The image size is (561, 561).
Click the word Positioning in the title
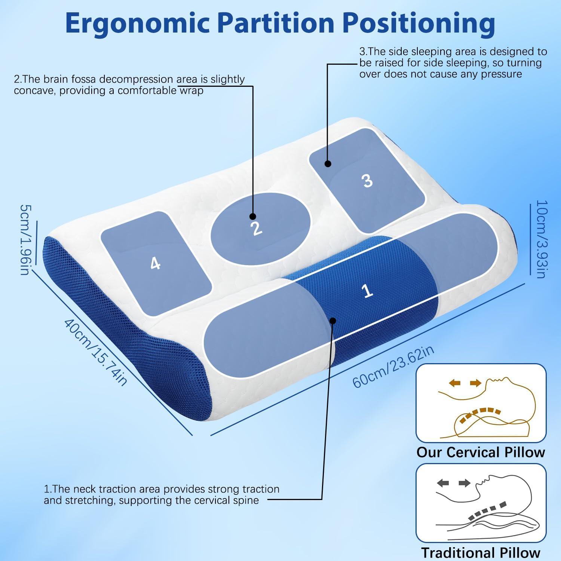[x=419, y=24]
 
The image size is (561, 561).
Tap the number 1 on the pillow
[x=367, y=291]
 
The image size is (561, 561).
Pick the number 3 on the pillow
[x=368, y=181]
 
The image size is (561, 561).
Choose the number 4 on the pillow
[x=155, y=264]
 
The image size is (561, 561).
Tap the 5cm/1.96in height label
[x=25, y=239]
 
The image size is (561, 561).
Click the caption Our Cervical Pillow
[x=481, y=452]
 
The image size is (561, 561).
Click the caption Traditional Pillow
[x=481, y=553]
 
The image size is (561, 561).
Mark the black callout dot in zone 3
[x=328, y=163]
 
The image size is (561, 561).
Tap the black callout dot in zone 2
[x=252, y=217]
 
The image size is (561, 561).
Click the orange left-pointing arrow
[x=454, y=383]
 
